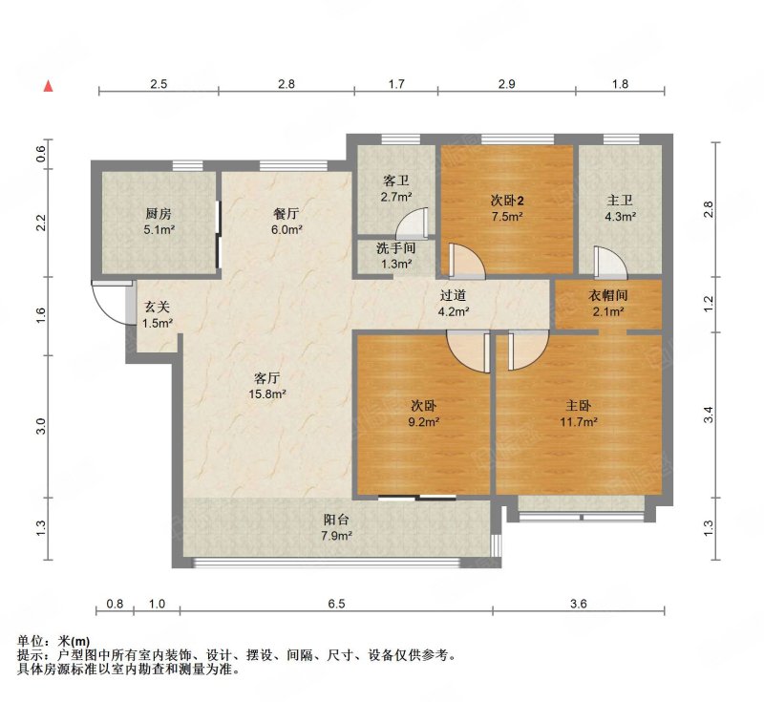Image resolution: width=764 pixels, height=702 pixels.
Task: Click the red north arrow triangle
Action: click(49, 86)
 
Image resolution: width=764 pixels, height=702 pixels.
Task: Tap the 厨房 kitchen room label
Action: click(159, 213)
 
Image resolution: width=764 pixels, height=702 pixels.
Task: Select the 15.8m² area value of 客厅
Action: click(267, 394)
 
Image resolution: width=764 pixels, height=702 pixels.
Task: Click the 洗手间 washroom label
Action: click(395, 248)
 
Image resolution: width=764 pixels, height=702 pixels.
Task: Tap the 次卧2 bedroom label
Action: click(507, 201)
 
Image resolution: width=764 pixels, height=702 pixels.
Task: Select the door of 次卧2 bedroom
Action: click(467, 261)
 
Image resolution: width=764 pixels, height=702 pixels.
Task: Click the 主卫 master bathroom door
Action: click(609, 263)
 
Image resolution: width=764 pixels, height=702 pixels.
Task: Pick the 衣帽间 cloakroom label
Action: click(608, 295)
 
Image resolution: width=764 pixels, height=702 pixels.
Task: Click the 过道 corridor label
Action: click(453, 295)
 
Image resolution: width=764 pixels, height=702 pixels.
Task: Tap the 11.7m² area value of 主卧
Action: click(579, 422)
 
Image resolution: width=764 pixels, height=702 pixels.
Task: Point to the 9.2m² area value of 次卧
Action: click(423, 422)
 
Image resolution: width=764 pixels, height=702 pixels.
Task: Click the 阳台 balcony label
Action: click(336, 520)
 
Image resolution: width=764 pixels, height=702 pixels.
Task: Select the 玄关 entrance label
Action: click(158, 307)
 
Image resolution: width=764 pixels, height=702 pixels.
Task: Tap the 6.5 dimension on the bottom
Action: click(336, 604)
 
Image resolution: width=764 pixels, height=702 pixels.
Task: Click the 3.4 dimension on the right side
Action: click(709, 415)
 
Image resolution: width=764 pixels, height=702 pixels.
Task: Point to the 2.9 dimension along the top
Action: click(507, 84)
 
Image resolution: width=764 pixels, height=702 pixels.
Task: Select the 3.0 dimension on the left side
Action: click(41, 427)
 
